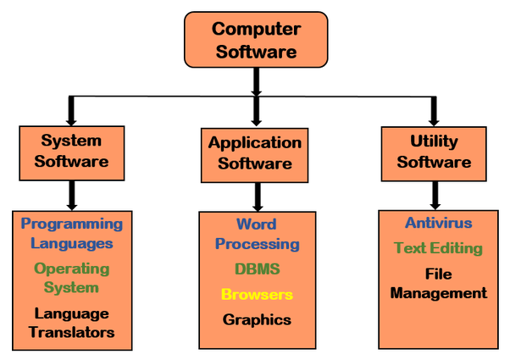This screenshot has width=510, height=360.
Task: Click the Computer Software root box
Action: click(x=256, y=40)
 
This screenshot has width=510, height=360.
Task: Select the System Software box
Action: click(x=72, y=153)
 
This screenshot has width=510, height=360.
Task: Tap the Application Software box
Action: click(x=255, y=155)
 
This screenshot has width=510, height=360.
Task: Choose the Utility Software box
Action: click(x=434, y=154)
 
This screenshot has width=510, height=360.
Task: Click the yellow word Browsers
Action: click(x=257, y=295)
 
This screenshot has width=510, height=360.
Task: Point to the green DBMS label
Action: click(x=258, y=269)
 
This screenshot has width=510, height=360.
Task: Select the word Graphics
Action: click(x=257, y=320)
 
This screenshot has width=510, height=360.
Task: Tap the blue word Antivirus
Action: click(x=439, y=223)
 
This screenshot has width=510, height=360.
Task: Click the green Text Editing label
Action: click(x=438, y=248)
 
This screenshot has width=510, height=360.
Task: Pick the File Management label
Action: click(x=439, y=284)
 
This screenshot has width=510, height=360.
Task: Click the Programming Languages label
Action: click(x=72, y=234)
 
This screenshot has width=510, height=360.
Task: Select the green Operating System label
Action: click(x=71, y=278)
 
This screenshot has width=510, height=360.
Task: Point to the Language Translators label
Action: click(x=71, y=323)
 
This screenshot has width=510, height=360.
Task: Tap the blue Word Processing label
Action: click(x=257, y=234)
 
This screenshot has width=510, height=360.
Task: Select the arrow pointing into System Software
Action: click(x=71, y=111)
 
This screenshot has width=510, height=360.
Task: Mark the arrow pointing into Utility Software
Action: click(x=434, y=111)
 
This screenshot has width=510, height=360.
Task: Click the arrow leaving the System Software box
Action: click(x=72, y=196)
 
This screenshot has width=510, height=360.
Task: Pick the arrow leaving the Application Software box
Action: click(x=258, y=197)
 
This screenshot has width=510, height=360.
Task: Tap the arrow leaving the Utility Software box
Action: click(x=435, y=196)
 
